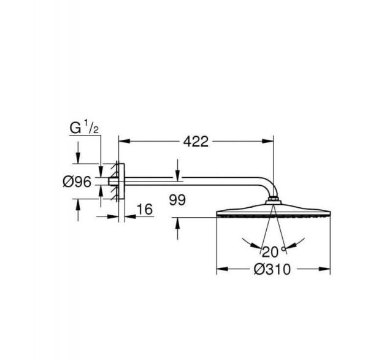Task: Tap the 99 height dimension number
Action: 177,199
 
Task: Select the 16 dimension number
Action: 144,210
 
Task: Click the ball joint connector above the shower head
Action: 274,204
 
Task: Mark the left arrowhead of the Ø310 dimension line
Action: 220,269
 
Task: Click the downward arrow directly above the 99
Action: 177,176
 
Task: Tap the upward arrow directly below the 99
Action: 177,221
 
